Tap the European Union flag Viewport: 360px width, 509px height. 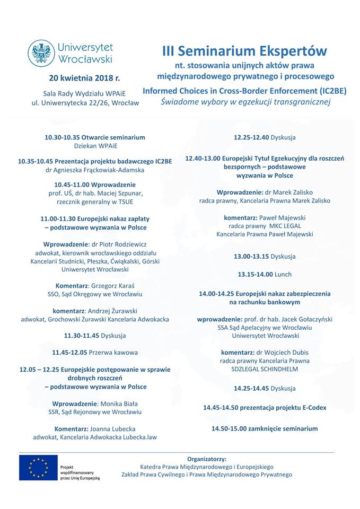pos(38,468)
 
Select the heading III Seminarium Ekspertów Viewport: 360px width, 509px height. pos(244,51)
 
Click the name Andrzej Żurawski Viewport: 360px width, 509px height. pos(112,310)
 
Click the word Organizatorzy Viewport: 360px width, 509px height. pos(206,459)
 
